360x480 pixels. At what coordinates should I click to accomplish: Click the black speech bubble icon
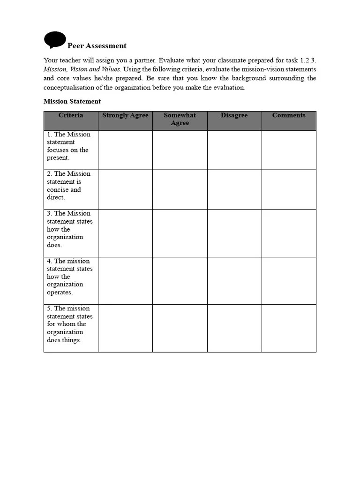(55, 40)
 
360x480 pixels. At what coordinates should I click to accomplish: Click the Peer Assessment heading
(97, 46)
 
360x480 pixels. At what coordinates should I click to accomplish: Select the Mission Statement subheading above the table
(72, 101)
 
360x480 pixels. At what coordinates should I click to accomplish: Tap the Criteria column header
(71, 115)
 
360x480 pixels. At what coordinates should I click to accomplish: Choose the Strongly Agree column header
(125, 115)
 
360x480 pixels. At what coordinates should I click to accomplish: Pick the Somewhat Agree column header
(180, 119)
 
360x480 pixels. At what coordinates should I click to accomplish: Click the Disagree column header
(234, 115)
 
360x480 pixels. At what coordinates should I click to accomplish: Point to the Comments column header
(289, 115)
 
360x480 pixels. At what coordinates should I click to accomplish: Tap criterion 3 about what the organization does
(69, 229)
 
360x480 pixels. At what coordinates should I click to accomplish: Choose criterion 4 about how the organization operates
(69, 277)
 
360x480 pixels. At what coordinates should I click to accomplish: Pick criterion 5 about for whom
(69, 324)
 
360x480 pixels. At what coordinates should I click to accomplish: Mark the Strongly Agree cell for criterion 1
(125, 150)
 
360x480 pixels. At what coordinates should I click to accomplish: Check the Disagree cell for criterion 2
(234, 189)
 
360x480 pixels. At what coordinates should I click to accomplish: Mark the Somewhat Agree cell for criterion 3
(180, 233)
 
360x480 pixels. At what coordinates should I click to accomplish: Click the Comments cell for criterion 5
(289, 328)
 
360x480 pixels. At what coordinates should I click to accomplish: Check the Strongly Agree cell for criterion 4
(125, 280)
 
